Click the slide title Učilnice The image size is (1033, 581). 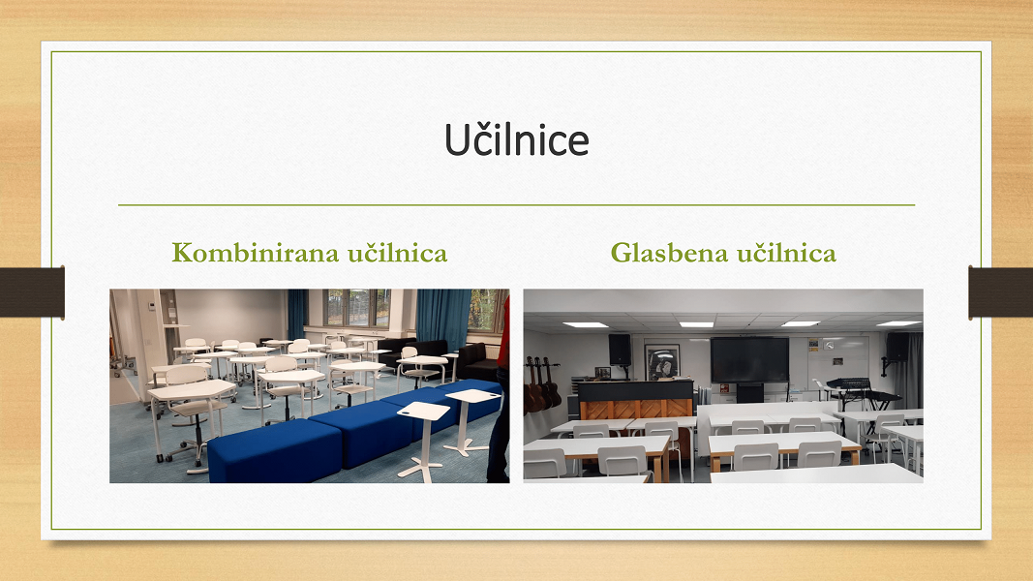pos(517,139)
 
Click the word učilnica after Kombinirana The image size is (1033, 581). pos(398,253)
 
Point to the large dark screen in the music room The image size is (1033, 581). pos(749,359)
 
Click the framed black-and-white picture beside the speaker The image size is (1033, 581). pos(661,362)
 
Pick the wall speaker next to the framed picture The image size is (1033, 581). pos(620,350)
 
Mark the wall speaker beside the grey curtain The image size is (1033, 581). pos(896,347)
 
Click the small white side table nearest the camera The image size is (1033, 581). pos(423,438)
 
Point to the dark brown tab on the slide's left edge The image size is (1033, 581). pos(32,292)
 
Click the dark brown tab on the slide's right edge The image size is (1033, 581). pos(1001,292)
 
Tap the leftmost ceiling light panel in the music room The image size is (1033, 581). pos(585,324)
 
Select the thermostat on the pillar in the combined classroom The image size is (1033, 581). pos(151,306)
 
